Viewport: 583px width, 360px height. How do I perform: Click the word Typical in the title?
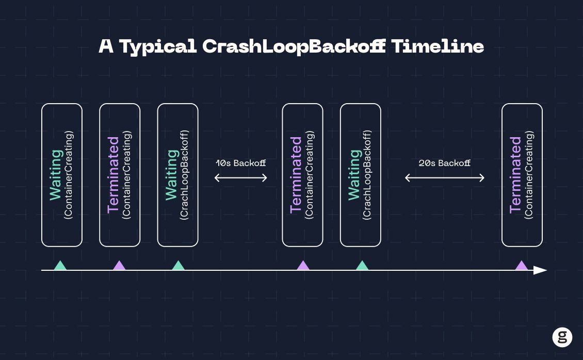click(158, 47)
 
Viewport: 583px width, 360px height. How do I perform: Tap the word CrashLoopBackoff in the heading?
click(294, 46)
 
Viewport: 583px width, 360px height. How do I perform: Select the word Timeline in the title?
click(438, 46)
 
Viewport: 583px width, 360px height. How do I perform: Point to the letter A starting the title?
click(106, 46)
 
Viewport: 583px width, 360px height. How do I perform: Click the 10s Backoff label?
click(240, 163)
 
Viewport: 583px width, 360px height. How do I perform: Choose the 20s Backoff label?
click(444, 163)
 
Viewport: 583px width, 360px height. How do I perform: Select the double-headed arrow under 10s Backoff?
click(240, 178)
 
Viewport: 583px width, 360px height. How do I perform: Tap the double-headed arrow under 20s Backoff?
click(444, 178)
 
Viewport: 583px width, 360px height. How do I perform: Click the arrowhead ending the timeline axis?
click(540, 270)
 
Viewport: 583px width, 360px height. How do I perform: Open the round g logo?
click(562, 337)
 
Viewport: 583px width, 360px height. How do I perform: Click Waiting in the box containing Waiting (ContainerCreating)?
click(56, 175)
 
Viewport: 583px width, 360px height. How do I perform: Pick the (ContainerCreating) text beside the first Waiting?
click(69, 175)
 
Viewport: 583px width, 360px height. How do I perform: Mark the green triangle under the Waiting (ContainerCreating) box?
click(60, 265)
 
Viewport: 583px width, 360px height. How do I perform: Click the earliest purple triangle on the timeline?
click(119, 265)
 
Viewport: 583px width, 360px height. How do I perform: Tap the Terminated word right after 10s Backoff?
click(296, 175)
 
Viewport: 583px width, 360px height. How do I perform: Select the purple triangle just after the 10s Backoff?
click(303, 265)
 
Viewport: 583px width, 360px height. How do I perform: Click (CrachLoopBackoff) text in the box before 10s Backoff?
click(184, 175)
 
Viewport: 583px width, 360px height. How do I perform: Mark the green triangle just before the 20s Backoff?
click(362, 265)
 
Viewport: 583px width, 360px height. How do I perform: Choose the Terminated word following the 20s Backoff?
click(516, 175)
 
